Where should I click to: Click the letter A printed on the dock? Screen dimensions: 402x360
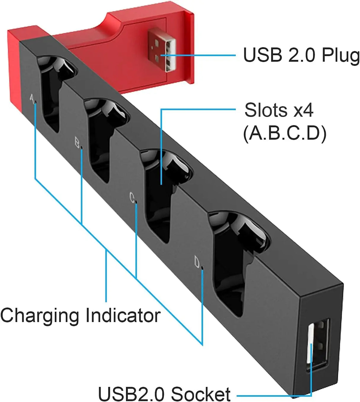point(32,99)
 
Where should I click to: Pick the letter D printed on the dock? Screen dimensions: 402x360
point(197,262)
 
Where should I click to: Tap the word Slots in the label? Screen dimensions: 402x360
point(266,110)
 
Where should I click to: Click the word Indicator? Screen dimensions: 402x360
point(123,315)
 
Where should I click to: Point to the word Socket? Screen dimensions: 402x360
point(200,394)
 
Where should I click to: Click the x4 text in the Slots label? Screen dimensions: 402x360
point(303,110)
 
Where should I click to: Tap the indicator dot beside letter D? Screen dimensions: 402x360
point(202,268)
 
